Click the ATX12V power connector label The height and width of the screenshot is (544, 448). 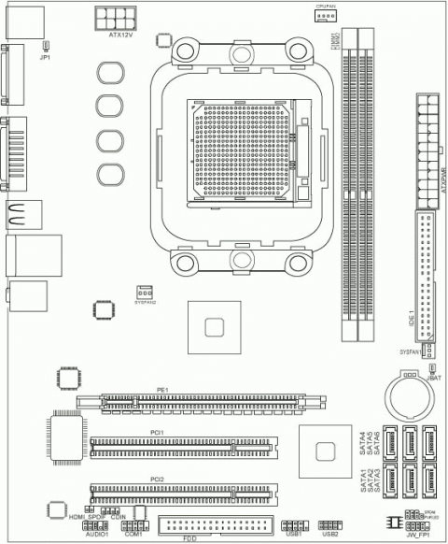pos(122,35)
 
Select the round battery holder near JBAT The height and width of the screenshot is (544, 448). pos(408,398)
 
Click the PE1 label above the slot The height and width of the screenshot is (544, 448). pos(161,389)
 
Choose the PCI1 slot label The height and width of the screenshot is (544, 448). pos(158,432)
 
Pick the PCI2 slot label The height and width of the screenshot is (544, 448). pos(158,479)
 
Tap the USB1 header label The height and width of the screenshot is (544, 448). pos(294,535)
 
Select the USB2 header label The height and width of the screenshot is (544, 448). pos(329,535)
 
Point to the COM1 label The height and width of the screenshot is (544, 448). pos(133,534)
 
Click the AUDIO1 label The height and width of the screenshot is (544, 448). pos(97,534)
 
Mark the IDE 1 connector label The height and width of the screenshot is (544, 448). pos(412,319)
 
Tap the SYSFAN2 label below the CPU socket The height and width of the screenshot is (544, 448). pos(145,303)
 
